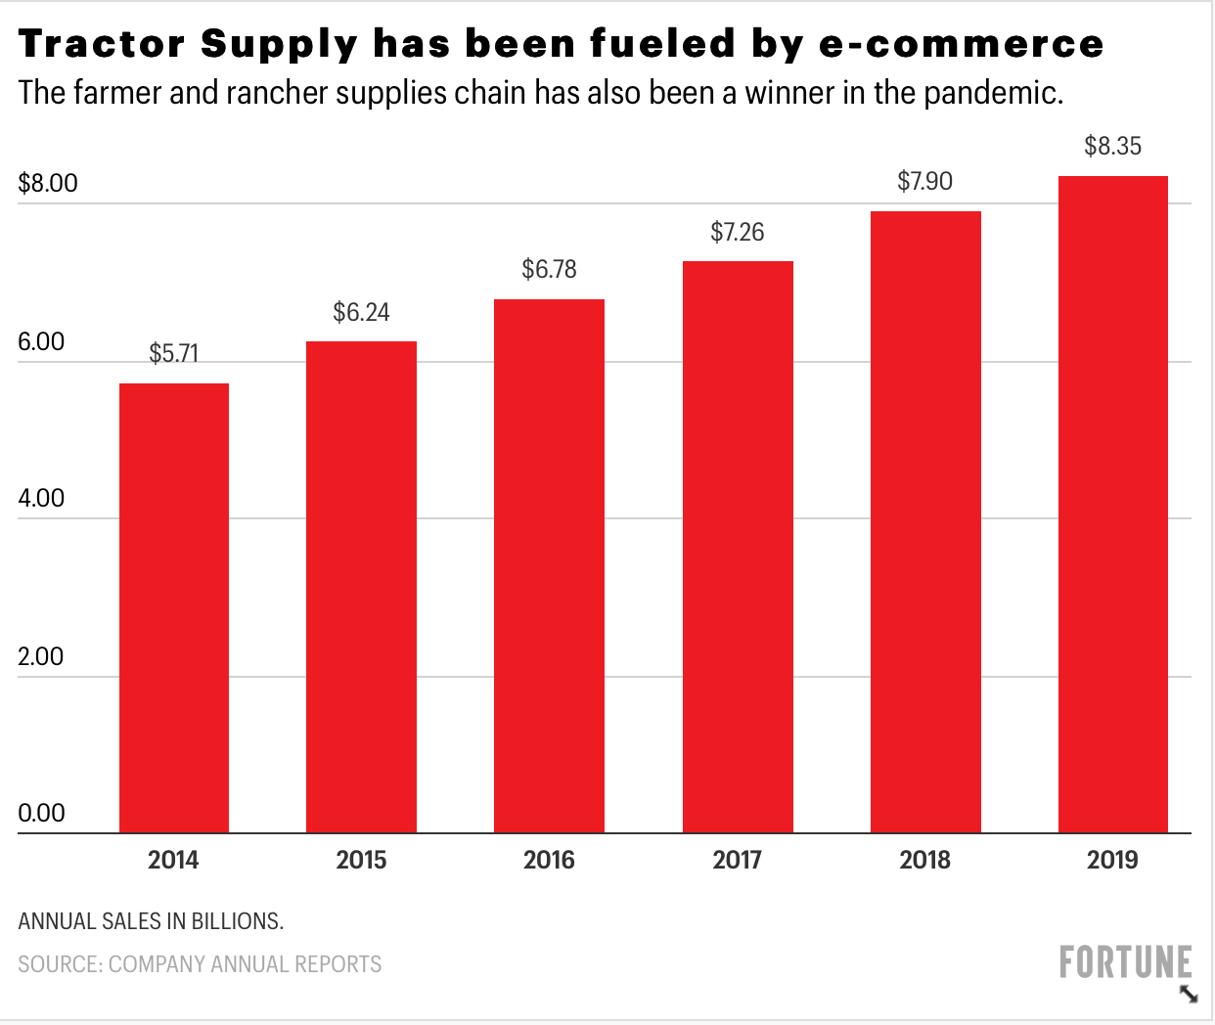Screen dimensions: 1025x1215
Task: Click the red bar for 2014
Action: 174,607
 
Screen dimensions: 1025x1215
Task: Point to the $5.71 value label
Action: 174,353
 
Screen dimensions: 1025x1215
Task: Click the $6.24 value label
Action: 361,312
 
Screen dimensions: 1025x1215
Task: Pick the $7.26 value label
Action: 737,232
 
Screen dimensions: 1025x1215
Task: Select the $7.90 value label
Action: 924,181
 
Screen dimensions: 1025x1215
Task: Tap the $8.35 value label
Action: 1112,146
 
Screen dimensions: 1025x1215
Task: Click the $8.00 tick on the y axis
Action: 48,183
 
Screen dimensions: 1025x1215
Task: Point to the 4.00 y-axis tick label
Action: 41,498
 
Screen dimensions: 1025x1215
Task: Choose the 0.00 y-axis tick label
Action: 41,813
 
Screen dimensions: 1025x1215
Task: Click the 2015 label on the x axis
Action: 361,860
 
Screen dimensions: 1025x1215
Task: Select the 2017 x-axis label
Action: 737,860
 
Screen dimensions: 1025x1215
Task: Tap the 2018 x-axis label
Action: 924,860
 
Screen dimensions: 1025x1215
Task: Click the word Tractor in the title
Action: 102,44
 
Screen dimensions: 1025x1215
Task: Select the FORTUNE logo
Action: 1125,962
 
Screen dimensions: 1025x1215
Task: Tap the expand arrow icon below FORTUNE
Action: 1189,995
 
